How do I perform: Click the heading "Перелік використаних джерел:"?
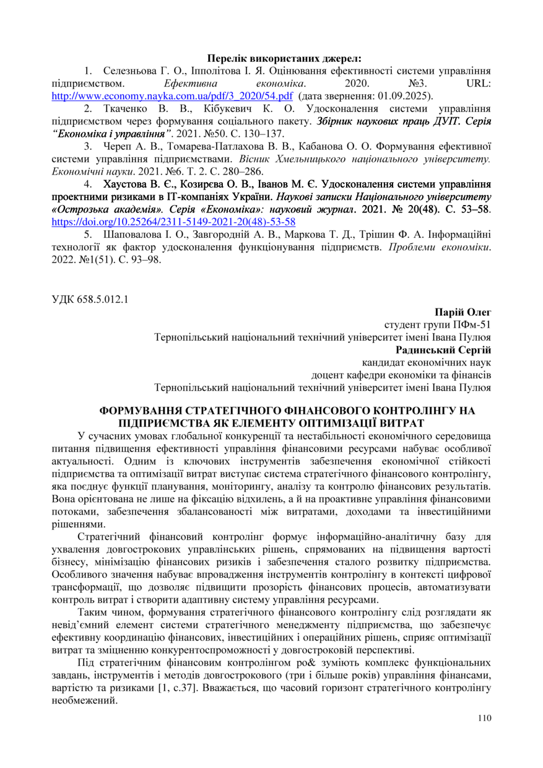(x=284, y=59)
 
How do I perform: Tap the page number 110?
(x=484, y=718)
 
